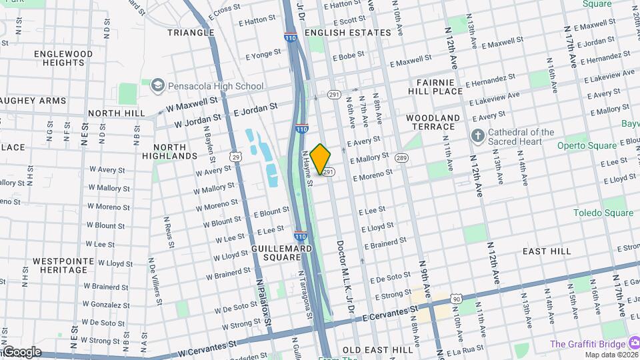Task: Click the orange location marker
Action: tap(321, 159)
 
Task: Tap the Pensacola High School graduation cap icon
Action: tap(157, 85)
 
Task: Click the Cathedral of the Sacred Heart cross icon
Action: tap(477, 136)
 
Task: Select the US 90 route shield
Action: tap(456, 300)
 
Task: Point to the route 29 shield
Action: tap(236, 156)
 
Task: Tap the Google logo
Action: tap(21, 351)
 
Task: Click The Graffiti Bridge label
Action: tap(587, 344)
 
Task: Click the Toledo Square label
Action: tap(603, 213)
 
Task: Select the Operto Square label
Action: tap(585, 145)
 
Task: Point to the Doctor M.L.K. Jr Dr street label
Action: tap(345, 276)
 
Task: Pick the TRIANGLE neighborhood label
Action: tap(191, 33)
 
